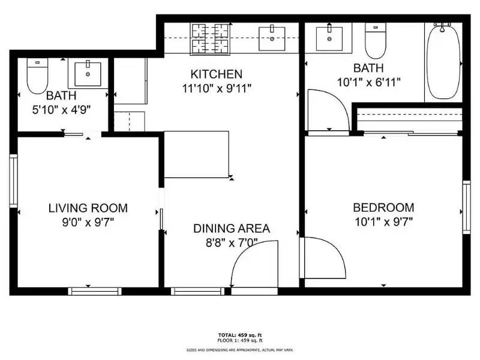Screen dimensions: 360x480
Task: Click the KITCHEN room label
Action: [x=216, y=74]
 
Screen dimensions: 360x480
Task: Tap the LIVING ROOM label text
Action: [x=88, y=208]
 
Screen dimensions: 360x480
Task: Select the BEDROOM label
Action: [x=383, y=208]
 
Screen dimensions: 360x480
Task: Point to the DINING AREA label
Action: [x=231, y=229]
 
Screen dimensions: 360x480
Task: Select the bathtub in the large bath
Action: [x=443, y=62]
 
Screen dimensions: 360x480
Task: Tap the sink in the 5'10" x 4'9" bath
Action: [x=88, y=74]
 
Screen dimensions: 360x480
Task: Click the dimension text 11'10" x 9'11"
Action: [x=216, y=88]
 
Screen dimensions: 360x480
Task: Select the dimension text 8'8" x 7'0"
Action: [x=231, y=242]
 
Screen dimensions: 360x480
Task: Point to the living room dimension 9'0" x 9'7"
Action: [x=88, y=222]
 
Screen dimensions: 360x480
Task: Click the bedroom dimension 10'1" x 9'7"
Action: [x=383, y=221]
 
